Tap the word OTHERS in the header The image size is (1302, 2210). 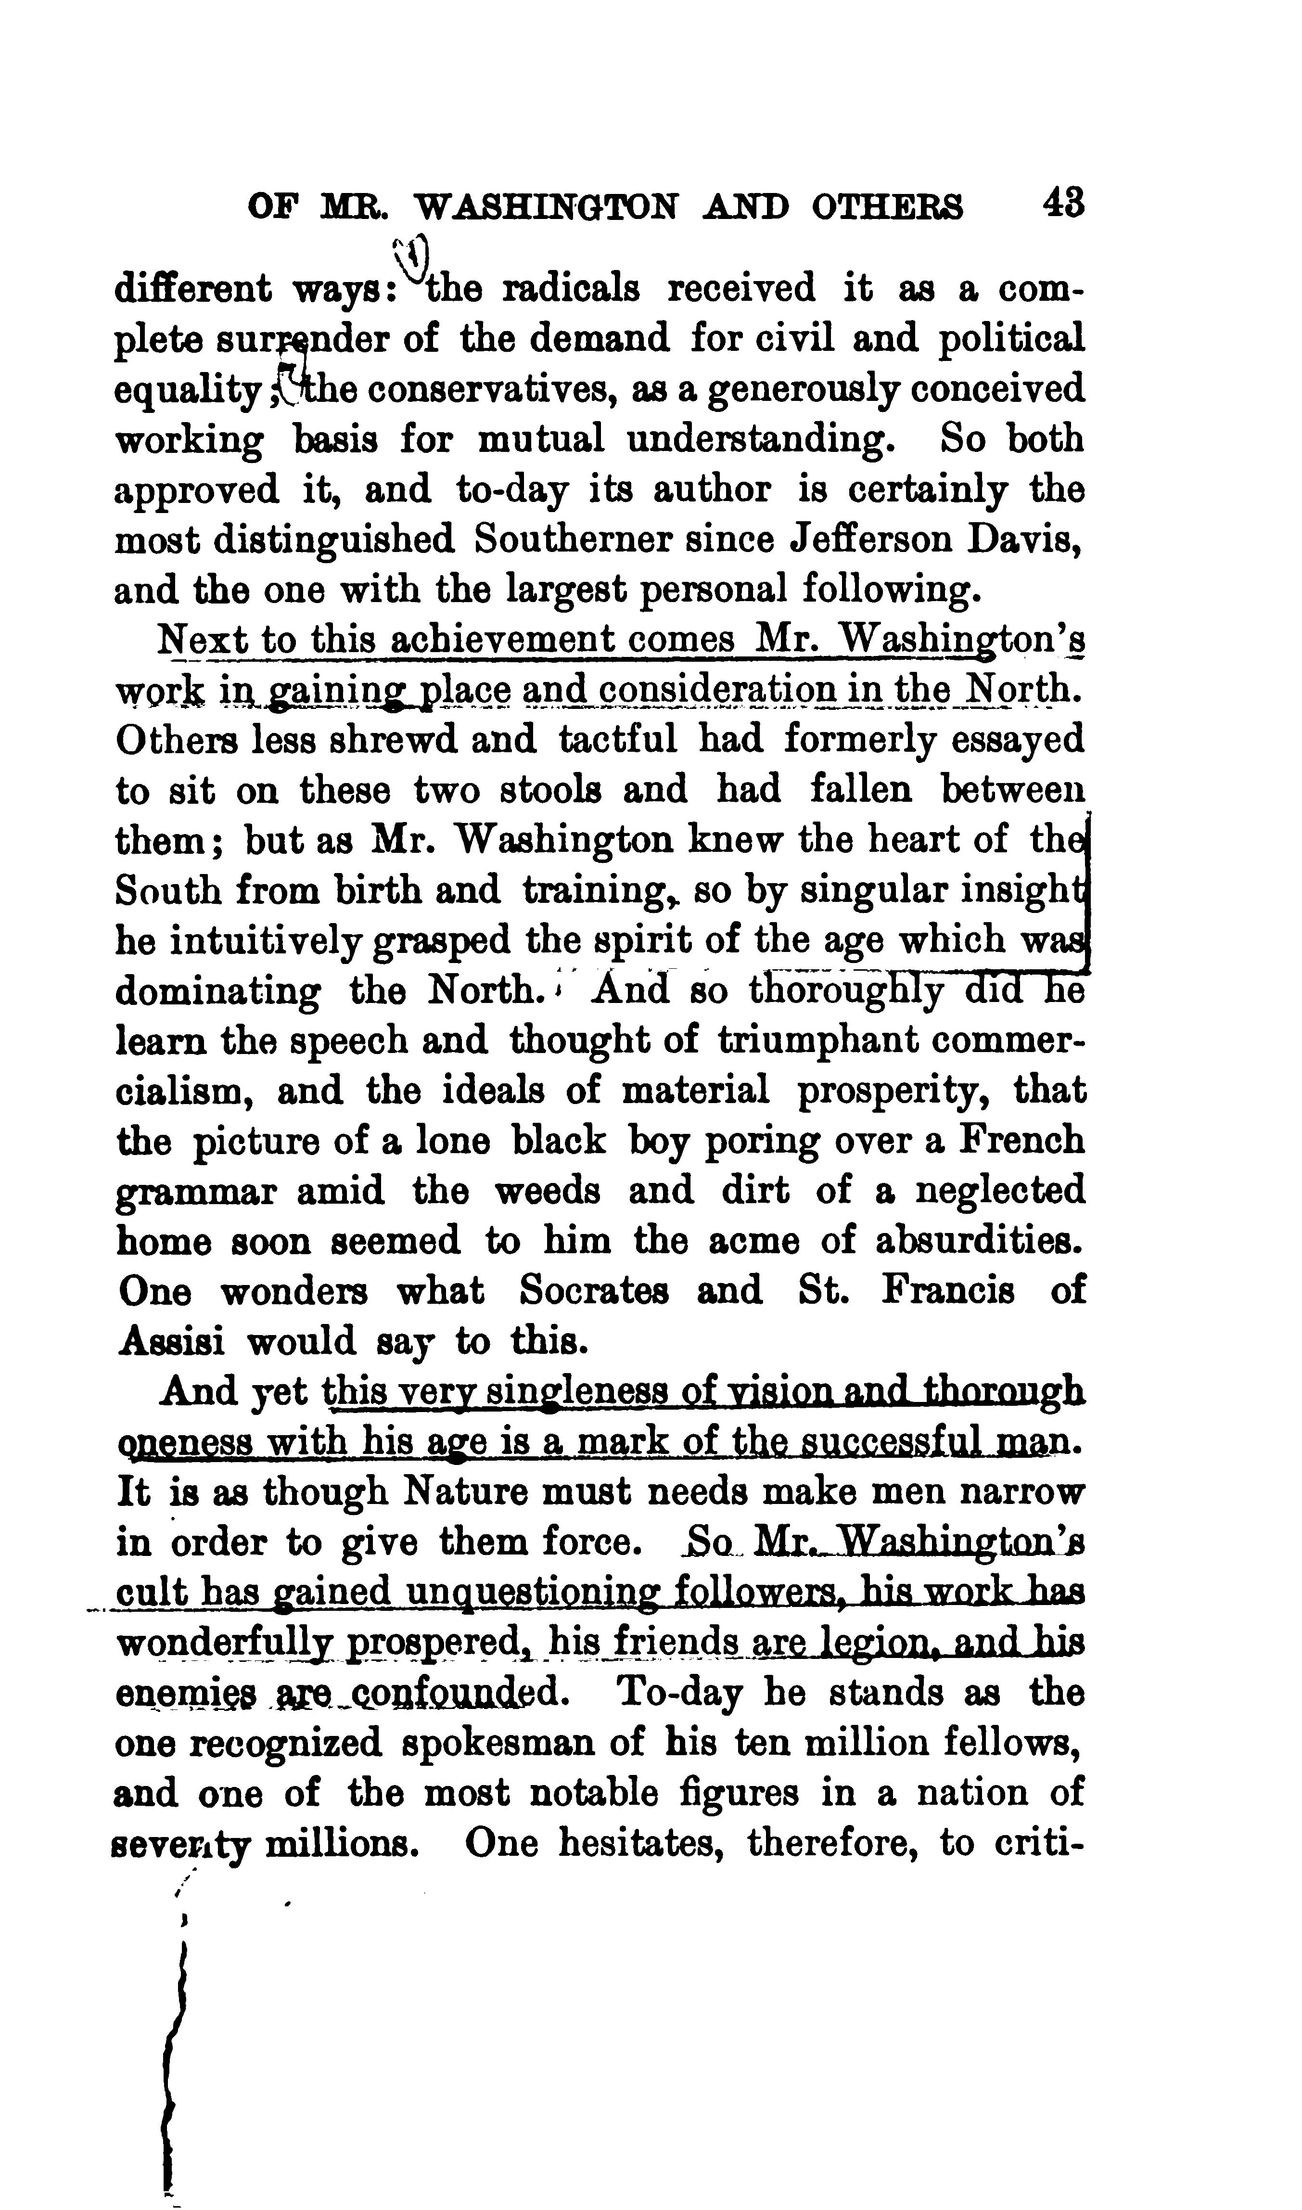887,207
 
